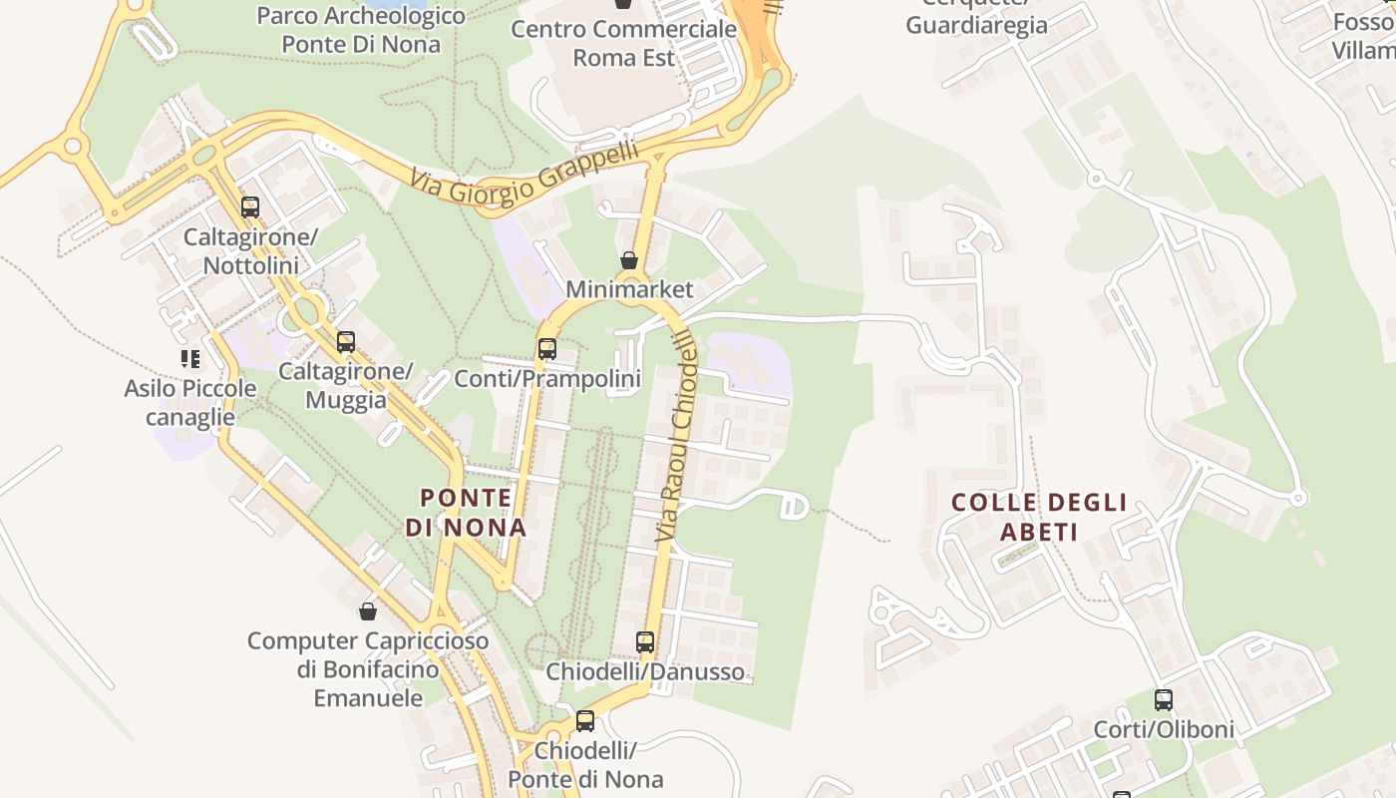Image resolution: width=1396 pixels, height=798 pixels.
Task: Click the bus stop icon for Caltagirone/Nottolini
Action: coord(250,207)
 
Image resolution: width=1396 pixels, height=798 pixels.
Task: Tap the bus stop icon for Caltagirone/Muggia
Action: coord(346,342)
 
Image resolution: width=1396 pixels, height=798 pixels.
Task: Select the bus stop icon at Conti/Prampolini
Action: coord(547,349)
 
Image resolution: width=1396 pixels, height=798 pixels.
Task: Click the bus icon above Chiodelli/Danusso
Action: coord(645,642)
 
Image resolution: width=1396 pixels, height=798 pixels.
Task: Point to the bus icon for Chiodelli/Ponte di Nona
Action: coord(585,721)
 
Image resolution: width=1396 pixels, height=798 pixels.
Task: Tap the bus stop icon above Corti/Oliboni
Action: coord(1164,700)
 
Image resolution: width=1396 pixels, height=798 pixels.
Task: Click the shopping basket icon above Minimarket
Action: coord(629,260)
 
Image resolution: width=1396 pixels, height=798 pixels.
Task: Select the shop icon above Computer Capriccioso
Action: coord(368,611)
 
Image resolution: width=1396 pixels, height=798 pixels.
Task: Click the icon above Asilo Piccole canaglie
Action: coord(189,358)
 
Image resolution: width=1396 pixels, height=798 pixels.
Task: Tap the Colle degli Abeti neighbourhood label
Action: coord(1039,517)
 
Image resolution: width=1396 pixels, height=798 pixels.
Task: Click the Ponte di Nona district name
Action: coord(466,512)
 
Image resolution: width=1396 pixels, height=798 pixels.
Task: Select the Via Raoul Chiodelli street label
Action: coord(676,439)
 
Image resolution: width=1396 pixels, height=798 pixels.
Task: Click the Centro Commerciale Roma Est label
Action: coord(623,43)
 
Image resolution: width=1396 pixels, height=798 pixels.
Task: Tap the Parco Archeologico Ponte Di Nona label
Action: coord(361,30)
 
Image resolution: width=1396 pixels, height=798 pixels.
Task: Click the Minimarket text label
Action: coord(629,289)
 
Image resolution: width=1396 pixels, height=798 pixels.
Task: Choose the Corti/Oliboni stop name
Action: coord(1164,729)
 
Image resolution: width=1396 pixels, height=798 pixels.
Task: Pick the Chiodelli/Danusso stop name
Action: coord(645,671)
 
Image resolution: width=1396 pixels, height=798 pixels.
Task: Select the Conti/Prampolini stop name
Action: coord(547,379)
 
